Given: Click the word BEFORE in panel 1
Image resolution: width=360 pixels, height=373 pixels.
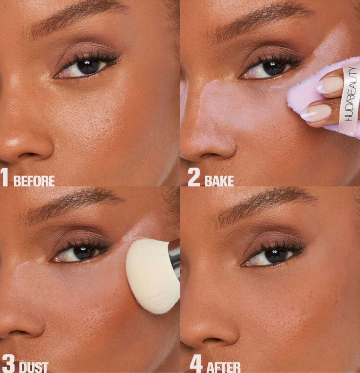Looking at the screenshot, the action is (x=34, y=181).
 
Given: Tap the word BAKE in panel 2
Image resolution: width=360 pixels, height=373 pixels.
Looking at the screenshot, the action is (x=219, y=181).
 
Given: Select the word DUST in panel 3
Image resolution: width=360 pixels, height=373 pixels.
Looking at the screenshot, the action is (x=34, y=367).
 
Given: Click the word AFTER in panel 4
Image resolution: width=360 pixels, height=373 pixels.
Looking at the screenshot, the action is (x=223, y=368).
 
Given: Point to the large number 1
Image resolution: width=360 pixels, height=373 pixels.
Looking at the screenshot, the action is (x=4, y=177).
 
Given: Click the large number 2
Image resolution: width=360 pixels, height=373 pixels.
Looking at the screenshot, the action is (x=194, y=177).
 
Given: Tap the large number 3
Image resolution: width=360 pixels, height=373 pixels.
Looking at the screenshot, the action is (x=8, y=364).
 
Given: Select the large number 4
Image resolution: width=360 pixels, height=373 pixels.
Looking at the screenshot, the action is (x=196, y=364).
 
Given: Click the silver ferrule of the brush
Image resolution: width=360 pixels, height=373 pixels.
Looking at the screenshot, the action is (x=175, y=257).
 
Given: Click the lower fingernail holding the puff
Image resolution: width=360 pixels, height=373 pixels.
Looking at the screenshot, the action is (x=316, y=112).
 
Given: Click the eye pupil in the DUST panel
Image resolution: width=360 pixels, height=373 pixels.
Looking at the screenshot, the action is (x=83, y=253).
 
